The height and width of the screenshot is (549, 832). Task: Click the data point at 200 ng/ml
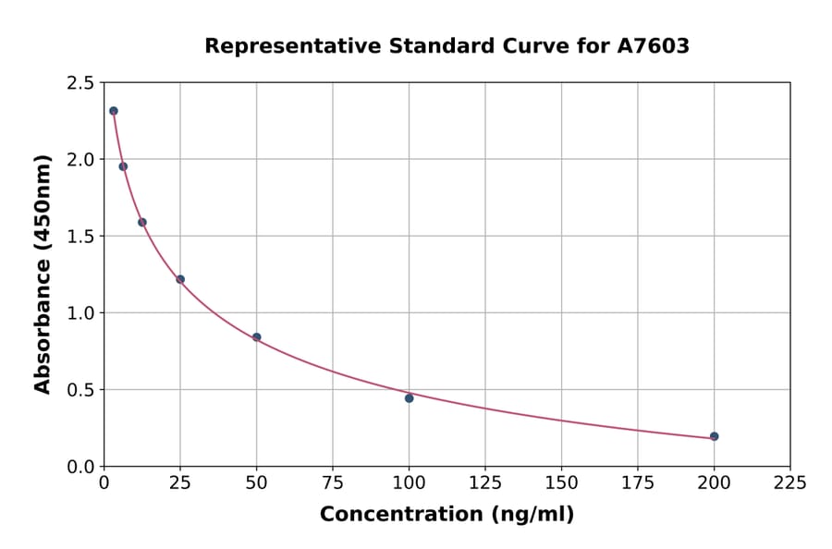[x=714, y=436]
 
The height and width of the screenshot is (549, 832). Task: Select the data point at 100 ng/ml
[x=409, y=398]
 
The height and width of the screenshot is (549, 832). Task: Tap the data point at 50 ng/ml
[x=256, y=337]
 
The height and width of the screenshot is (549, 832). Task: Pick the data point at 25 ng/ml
[x=180, y=279]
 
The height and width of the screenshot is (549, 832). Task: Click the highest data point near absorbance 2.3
[x=114, y=111]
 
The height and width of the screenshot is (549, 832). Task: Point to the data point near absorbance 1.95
[x=123, y=166]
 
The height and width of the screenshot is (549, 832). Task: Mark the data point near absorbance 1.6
[x=142, y=222]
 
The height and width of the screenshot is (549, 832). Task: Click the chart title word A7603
[x=653, y=46]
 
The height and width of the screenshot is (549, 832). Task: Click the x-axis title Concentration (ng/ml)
[x=447, y=515]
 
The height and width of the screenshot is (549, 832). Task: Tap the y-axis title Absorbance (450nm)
[x=43, y=274]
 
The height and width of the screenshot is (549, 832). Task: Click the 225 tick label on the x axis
[x=789, y=482]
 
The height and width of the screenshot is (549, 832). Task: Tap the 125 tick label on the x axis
[x=485, y=482]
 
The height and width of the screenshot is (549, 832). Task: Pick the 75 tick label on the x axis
[x=333, y=482]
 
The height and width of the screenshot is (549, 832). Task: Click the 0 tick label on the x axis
[x=104, y=482]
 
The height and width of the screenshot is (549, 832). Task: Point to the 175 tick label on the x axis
[x=637, y=482]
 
